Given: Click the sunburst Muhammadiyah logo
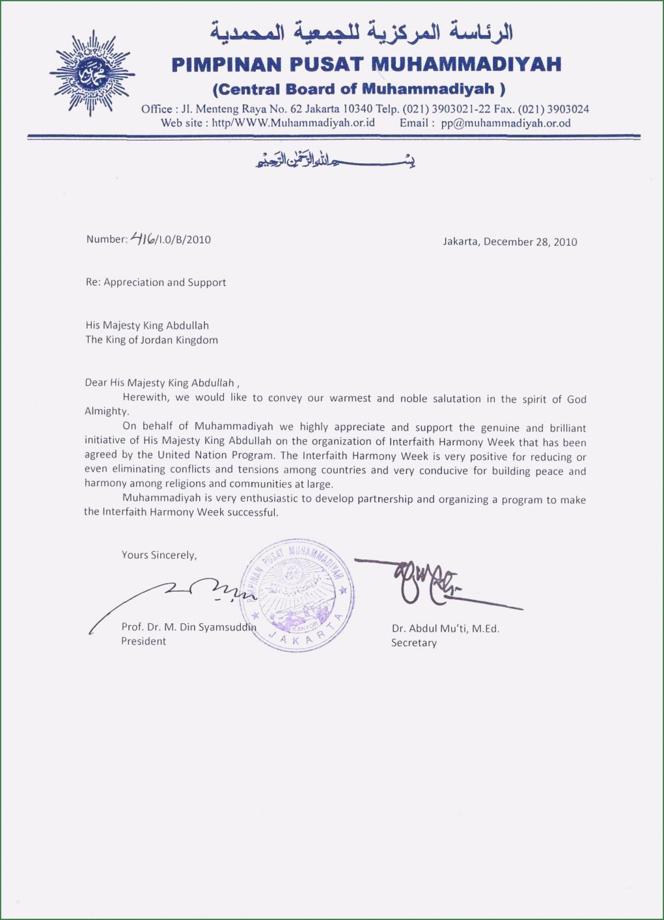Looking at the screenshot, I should click(92, 73).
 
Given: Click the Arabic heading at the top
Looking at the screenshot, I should click(361, 31).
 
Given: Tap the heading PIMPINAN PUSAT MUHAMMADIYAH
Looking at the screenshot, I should click(366, 64).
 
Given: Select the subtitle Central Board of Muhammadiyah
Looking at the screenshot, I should click(359, 89).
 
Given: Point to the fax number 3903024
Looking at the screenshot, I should click(568, 109).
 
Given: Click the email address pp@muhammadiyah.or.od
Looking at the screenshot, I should click(506, 123).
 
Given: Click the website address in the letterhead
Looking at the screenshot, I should click(294, 122).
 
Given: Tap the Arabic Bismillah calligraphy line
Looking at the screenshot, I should click(335, 159).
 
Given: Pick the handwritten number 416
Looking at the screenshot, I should click(143, 238).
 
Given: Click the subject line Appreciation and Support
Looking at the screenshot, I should click(165, 282).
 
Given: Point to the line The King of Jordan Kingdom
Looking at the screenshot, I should click(152, 340).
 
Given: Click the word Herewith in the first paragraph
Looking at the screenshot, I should click(146, 397).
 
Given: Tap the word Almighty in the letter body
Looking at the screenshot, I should click(107, 411).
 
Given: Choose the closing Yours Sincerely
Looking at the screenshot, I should click(159, 555).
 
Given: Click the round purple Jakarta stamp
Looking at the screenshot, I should click(298, 595).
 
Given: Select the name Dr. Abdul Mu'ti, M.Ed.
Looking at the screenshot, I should click(445, 629).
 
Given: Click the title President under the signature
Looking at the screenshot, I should click(143, 641).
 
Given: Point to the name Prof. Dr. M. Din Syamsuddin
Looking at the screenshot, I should click(188, 627).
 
